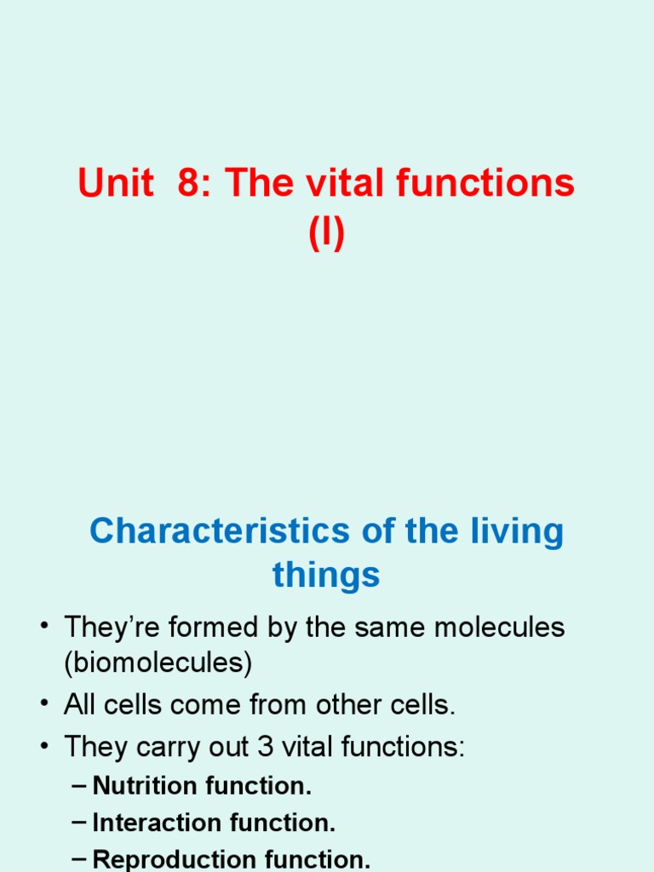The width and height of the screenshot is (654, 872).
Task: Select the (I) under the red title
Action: point(327,233)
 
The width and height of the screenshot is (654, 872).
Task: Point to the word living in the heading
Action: point(519,531)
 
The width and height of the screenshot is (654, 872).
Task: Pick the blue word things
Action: point(326,576)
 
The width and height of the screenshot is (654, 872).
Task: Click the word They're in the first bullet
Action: point(111,628)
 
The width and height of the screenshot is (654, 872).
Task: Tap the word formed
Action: point(207,628)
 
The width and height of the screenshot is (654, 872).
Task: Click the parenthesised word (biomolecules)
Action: point(158,664)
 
